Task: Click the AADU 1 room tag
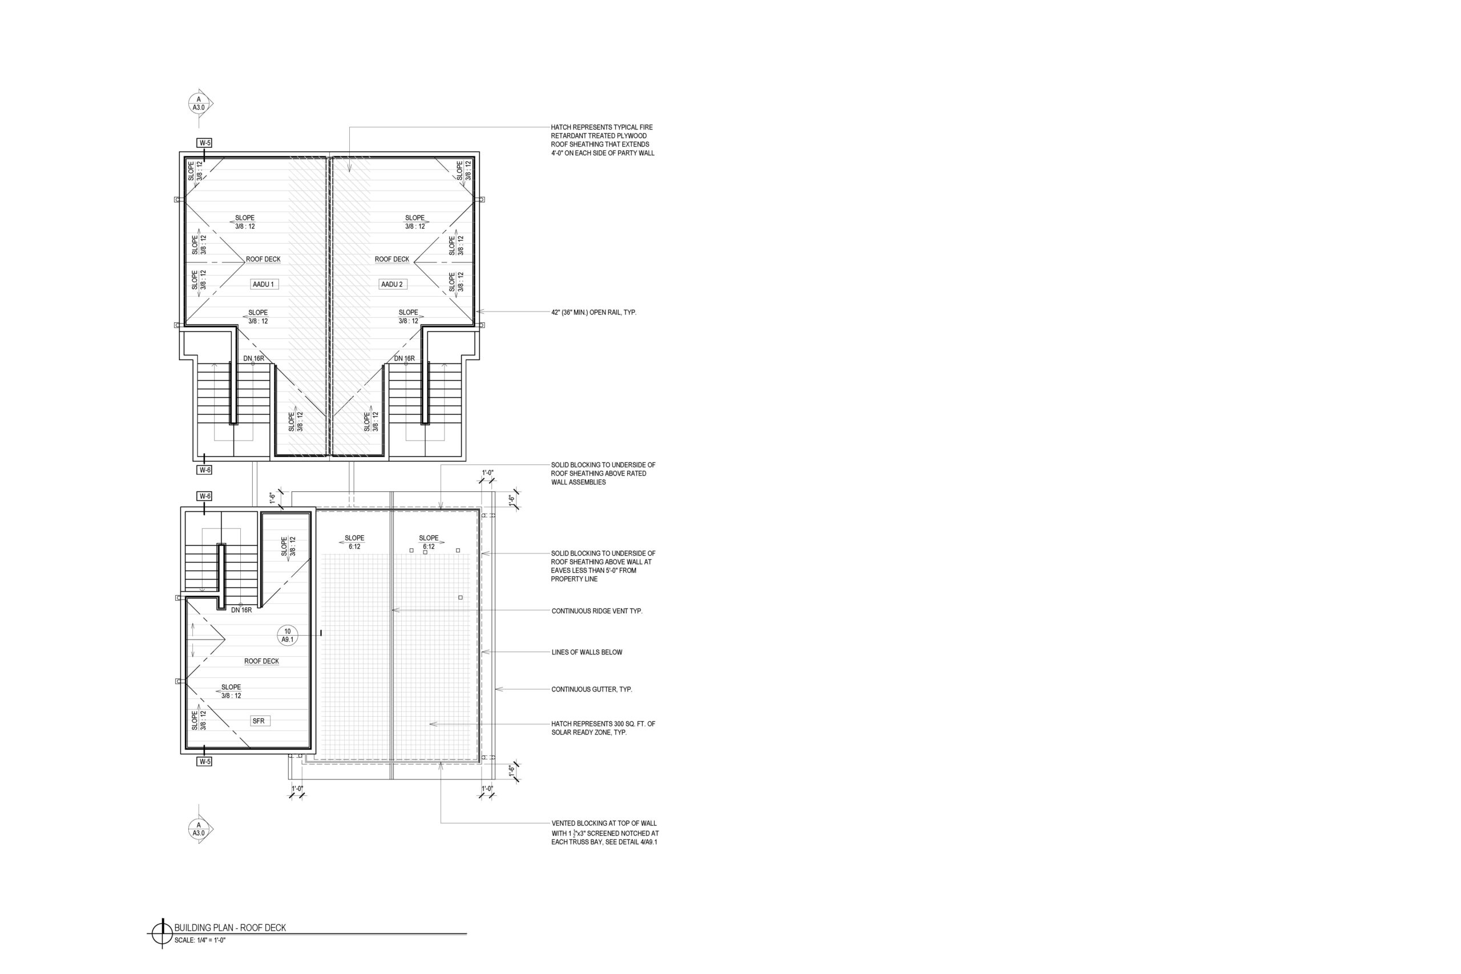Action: [x=263, y=285]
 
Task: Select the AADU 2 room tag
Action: [x=392, y=285]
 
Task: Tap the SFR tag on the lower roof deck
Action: [x=259, y=721]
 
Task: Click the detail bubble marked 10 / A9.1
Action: [x=288, y=636]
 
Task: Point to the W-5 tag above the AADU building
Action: [x=204, y=143]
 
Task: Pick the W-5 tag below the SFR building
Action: [x=204, y=762]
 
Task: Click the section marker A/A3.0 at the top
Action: [x=199, y=103]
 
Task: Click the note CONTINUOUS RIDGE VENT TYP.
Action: [x=597, y=611]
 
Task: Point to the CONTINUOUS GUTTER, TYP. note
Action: [x=592, y=689]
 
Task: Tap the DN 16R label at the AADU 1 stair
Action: [x=253, y=358]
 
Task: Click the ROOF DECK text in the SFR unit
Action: [x=261, y=661]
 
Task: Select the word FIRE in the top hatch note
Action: [x=646, y=127]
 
